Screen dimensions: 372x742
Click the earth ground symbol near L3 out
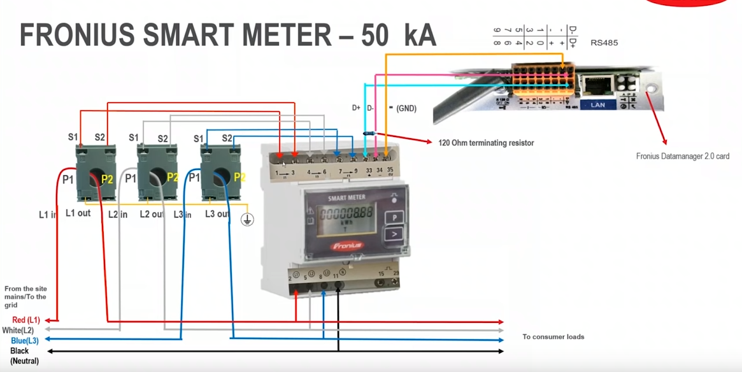(247, 220)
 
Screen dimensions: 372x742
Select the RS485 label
(604, 43)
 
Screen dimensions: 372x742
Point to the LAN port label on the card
(597, 104)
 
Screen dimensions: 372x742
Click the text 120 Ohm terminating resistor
(486, 143)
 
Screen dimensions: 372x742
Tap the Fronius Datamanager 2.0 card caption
(683, 156)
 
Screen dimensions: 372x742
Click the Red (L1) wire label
(26, 320)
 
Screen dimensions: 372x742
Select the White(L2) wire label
(18, 331)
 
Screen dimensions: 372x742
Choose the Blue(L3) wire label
(25, 341)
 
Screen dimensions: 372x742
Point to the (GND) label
(406, 108)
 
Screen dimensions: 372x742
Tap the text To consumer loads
(553, 336)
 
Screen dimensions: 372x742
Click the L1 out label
(78, 213)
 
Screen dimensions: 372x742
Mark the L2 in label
(117, 215)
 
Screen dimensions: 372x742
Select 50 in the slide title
(375, 36)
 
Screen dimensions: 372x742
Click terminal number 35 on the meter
(390, 170)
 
